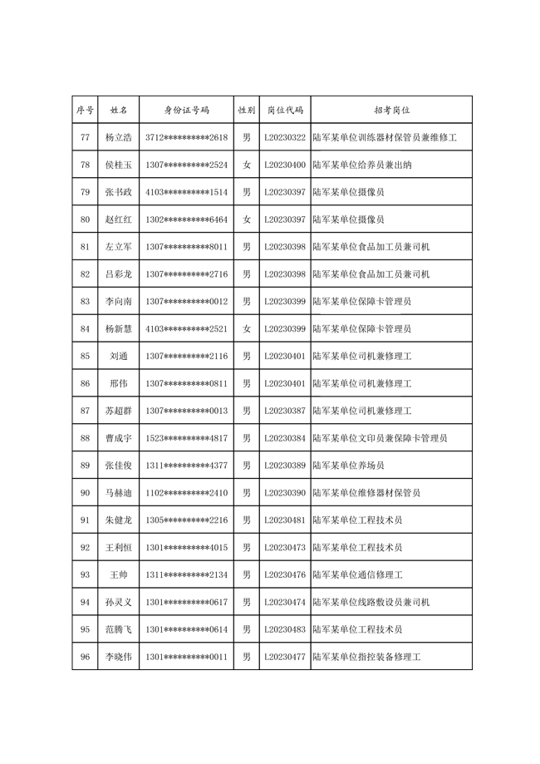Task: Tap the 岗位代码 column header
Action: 284,110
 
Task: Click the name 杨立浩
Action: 118,137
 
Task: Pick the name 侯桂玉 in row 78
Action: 118,165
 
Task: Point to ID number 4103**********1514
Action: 186,192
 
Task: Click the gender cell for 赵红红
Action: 246,219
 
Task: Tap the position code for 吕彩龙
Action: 284,274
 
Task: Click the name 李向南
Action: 118,302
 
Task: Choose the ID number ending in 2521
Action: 186,329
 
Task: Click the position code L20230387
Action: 284,412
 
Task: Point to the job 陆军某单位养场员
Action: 348,466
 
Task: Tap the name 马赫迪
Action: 118,493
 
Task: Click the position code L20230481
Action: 284,520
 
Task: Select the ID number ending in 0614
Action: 186,630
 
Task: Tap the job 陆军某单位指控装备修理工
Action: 366,658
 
